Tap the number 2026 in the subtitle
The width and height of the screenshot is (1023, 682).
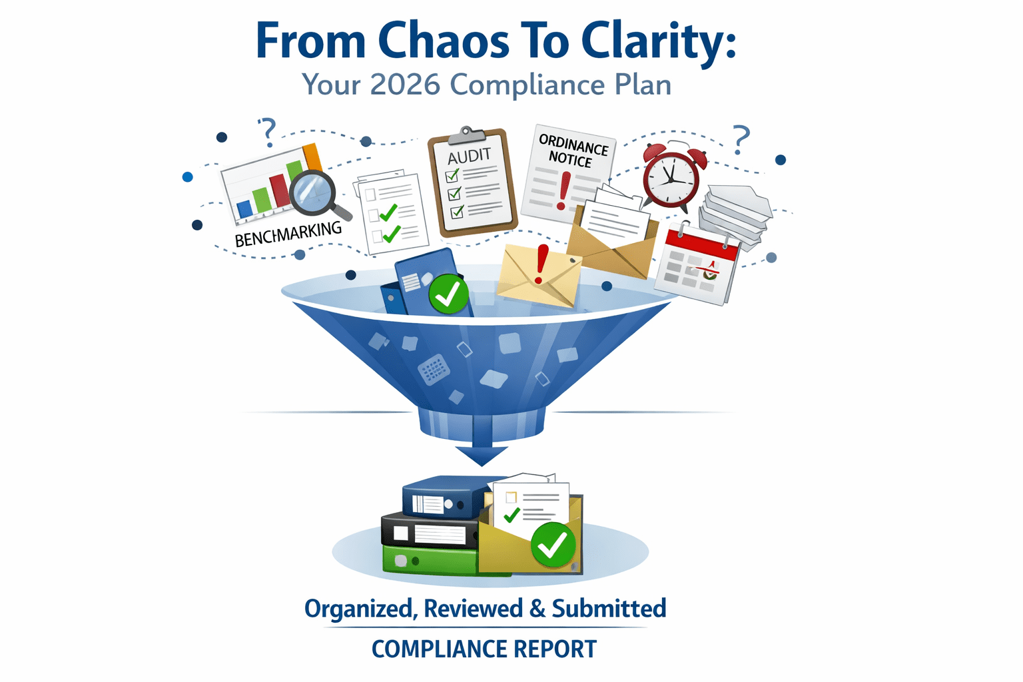click(x=405, y=85)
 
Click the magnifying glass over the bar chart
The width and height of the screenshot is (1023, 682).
click(x=312, y=192)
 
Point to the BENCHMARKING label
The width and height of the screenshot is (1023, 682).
click(x=288, y=234)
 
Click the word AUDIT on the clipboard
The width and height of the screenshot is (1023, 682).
click(x=469, y=156)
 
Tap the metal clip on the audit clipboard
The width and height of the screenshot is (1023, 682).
click(x=468, y=135)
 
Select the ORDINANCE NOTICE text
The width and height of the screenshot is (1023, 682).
click(x=572, y=151)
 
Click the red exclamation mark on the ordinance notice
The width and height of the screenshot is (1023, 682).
click(x=565, y=190)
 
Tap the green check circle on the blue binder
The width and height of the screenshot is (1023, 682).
click(x=448, y=294)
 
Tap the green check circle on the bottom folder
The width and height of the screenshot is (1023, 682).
click(x=553, y=545)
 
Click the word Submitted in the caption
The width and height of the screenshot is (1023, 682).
click(x=609, y=609)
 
